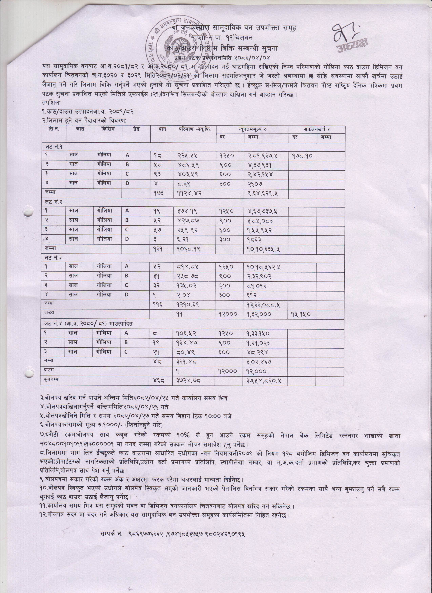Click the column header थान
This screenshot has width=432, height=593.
(x=162, y=129)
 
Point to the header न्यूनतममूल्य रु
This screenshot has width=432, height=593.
(x=252, y=129)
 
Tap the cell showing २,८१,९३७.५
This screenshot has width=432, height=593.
(x=263, y=156)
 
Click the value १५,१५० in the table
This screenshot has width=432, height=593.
(x=301, y=314)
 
